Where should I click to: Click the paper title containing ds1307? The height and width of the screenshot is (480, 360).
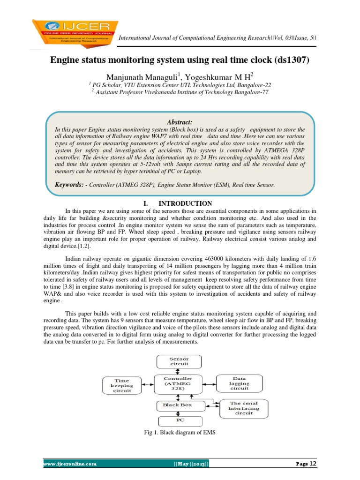tap(180, 61)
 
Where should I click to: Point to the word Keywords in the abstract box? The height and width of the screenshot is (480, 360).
tap(71, 185)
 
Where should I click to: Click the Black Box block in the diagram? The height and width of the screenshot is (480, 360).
tap(177, 405)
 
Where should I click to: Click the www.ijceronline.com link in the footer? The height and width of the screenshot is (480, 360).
tap(70, 464)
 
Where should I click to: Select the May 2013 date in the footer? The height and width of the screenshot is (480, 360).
tap(191, 464)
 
